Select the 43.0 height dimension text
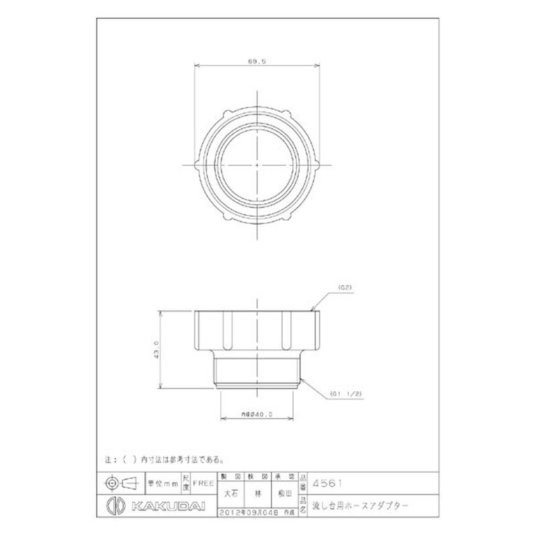[156, 348]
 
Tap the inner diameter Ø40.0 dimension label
[257, 415]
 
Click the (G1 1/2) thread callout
[346, 394]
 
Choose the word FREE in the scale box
[203, 481]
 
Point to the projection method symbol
[122, 482]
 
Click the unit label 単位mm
[160, 481]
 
